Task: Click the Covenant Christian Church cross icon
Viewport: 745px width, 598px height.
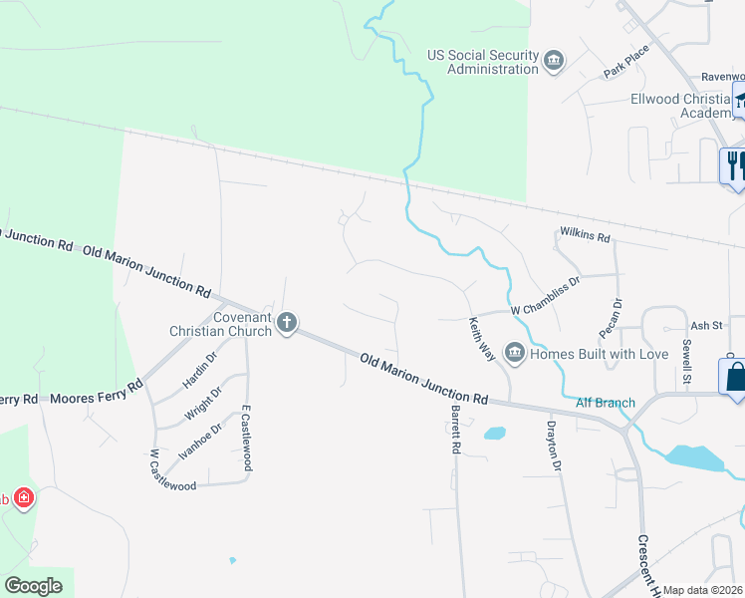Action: tap(287, 321)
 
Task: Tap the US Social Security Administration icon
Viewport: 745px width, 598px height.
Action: tap(553, 62)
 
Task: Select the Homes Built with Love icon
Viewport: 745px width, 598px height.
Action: tap(515, 352)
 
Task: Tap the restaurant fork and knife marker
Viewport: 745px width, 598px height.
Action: tap(735, 163)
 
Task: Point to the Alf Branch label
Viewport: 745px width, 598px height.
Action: tap(605, 403)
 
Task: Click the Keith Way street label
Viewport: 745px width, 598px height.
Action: tap(482, 338)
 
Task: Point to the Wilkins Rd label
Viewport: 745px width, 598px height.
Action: tap(584, 236)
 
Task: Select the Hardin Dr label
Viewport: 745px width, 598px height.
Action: tap(198, 371)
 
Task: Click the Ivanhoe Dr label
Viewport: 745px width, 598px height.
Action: tap(197, 440)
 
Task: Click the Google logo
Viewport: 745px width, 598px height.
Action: tap(35, 586)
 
